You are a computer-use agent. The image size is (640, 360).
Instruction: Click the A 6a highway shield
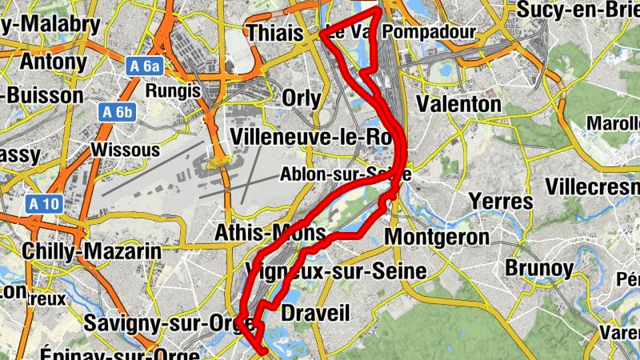(144, 66)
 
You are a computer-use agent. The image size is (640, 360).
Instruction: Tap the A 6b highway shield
(116, 112)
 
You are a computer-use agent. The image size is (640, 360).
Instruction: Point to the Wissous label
(120, 150)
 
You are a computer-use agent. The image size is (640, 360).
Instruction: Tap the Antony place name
(53, 61)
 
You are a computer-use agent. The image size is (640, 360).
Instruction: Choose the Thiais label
(275, 34)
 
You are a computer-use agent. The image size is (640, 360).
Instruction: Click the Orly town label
(302, 98)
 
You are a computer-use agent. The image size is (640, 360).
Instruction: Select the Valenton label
(459, 104)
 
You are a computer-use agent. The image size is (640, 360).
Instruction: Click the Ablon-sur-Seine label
(346, 174)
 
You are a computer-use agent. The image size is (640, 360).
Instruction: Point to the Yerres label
(501, 200)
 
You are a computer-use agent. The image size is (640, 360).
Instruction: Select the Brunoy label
(540, 267)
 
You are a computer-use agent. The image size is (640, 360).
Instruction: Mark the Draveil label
(316, 312)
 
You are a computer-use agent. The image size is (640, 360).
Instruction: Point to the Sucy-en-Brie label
(578, 9)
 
